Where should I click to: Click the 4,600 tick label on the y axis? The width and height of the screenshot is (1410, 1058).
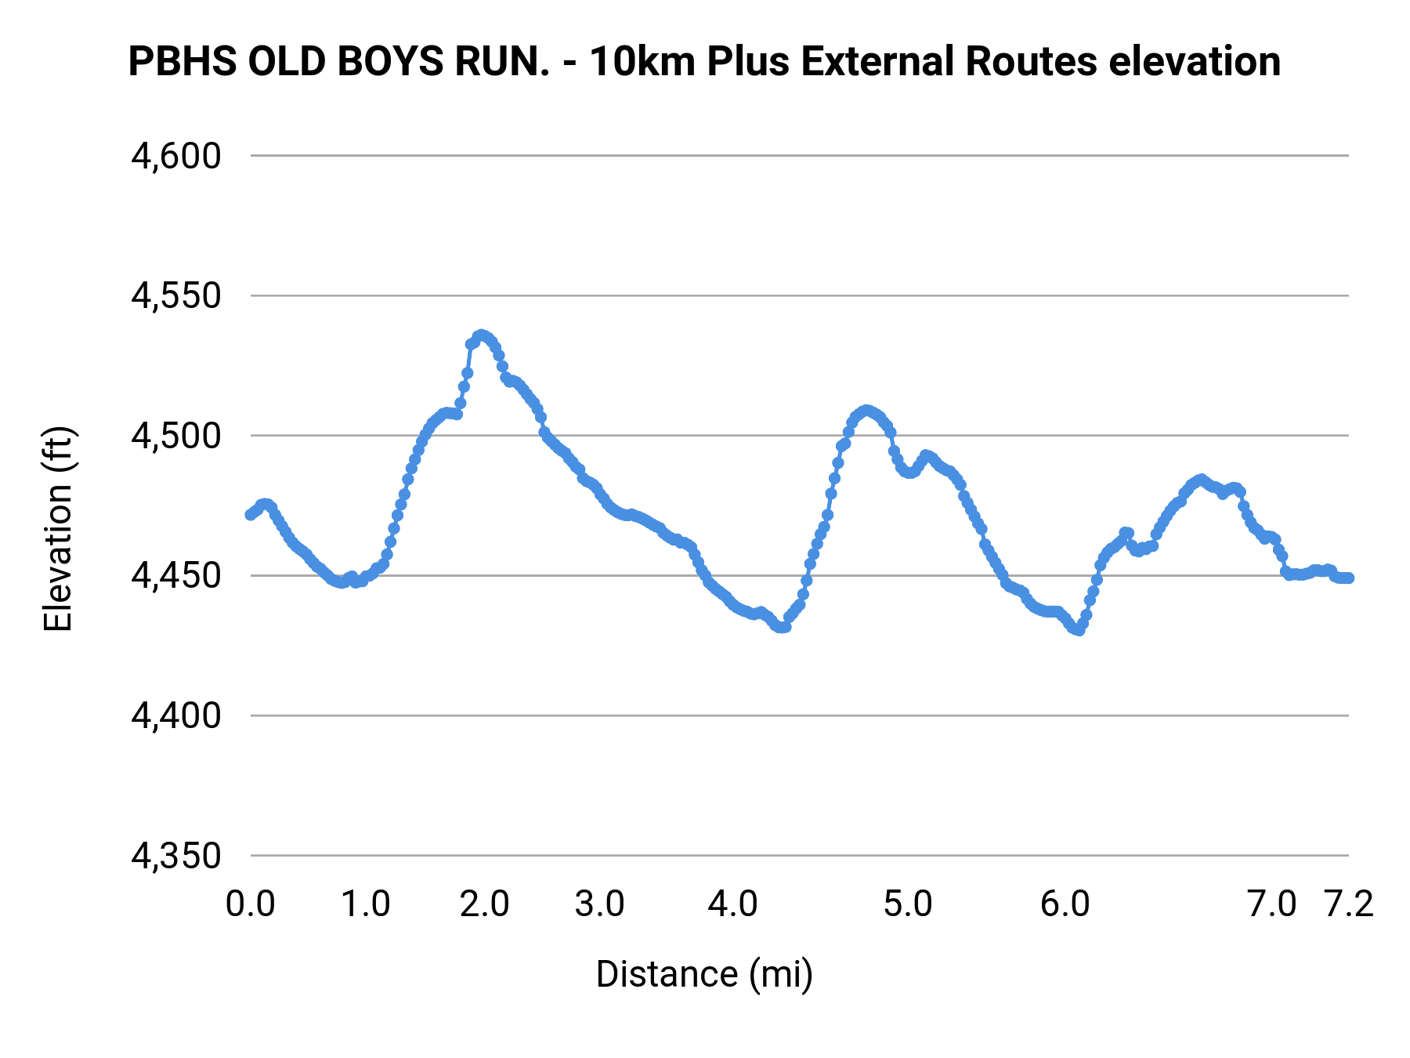176,156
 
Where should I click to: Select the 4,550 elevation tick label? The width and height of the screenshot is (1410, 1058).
176,296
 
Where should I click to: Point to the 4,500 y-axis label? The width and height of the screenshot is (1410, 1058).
176,436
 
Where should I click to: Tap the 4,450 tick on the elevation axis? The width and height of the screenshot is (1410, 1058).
176,576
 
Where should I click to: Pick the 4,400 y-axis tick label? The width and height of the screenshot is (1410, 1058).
176,716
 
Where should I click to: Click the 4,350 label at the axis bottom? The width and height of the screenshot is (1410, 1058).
176,856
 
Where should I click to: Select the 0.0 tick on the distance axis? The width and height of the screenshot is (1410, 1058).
251,904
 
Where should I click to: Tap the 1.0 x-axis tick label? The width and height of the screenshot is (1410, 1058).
366,904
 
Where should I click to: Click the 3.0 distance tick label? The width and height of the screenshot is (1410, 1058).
600,904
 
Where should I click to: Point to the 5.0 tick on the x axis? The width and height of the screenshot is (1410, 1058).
908,904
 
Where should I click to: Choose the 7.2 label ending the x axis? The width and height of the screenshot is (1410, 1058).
1349,904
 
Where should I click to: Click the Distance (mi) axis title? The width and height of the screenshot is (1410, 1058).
704,974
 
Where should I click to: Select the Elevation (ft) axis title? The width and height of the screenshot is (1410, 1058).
58,529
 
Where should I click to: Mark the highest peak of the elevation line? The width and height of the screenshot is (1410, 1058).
482,335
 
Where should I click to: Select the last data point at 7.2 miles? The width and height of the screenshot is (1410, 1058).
1349,578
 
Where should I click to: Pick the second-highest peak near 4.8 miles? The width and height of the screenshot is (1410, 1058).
866,411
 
